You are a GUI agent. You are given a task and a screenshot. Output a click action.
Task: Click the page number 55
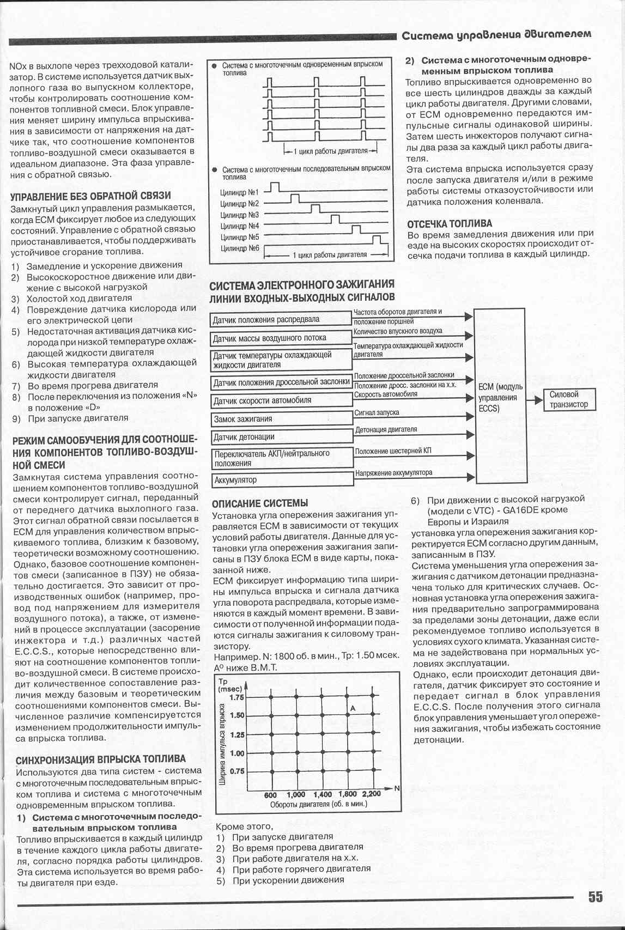click(595, 897)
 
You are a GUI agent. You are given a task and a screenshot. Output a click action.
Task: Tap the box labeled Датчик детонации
click(281, 437)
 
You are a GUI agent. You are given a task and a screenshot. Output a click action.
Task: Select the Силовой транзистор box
click(569, 399)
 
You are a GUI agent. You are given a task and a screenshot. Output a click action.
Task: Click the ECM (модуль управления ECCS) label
click(500, 397)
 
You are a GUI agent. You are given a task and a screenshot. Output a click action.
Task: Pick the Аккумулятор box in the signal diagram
click(281, 480)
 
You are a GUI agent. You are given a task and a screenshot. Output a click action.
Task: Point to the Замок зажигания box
click(281, 419)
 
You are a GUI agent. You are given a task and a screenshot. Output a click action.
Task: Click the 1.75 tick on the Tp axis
click(237, 697)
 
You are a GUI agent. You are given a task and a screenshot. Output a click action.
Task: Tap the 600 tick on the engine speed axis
click(270, 795)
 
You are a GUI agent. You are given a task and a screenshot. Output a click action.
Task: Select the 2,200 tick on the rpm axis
click(371, 794)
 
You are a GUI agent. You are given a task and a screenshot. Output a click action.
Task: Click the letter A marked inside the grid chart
click(353, 708)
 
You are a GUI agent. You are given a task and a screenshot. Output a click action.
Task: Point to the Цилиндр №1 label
click(239, 192)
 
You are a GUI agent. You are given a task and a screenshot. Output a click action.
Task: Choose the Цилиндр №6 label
click(239, 248)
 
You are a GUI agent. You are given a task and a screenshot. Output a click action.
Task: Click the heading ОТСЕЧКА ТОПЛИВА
click(450, 223)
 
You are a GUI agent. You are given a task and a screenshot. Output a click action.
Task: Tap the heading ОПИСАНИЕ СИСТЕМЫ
click(259, 503)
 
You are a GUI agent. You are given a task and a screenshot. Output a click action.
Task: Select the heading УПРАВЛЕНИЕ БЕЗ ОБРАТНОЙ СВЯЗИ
click(90, 196)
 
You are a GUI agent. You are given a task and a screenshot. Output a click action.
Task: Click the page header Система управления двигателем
click(496, 35)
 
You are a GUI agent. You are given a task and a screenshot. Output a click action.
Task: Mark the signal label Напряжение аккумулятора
click(393, 473)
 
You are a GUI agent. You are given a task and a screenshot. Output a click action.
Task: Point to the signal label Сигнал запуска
click(377, 412)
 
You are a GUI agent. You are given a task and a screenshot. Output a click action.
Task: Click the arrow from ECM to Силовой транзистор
click(536, 400)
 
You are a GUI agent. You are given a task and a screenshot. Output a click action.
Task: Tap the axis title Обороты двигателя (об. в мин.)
click(319, 804)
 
